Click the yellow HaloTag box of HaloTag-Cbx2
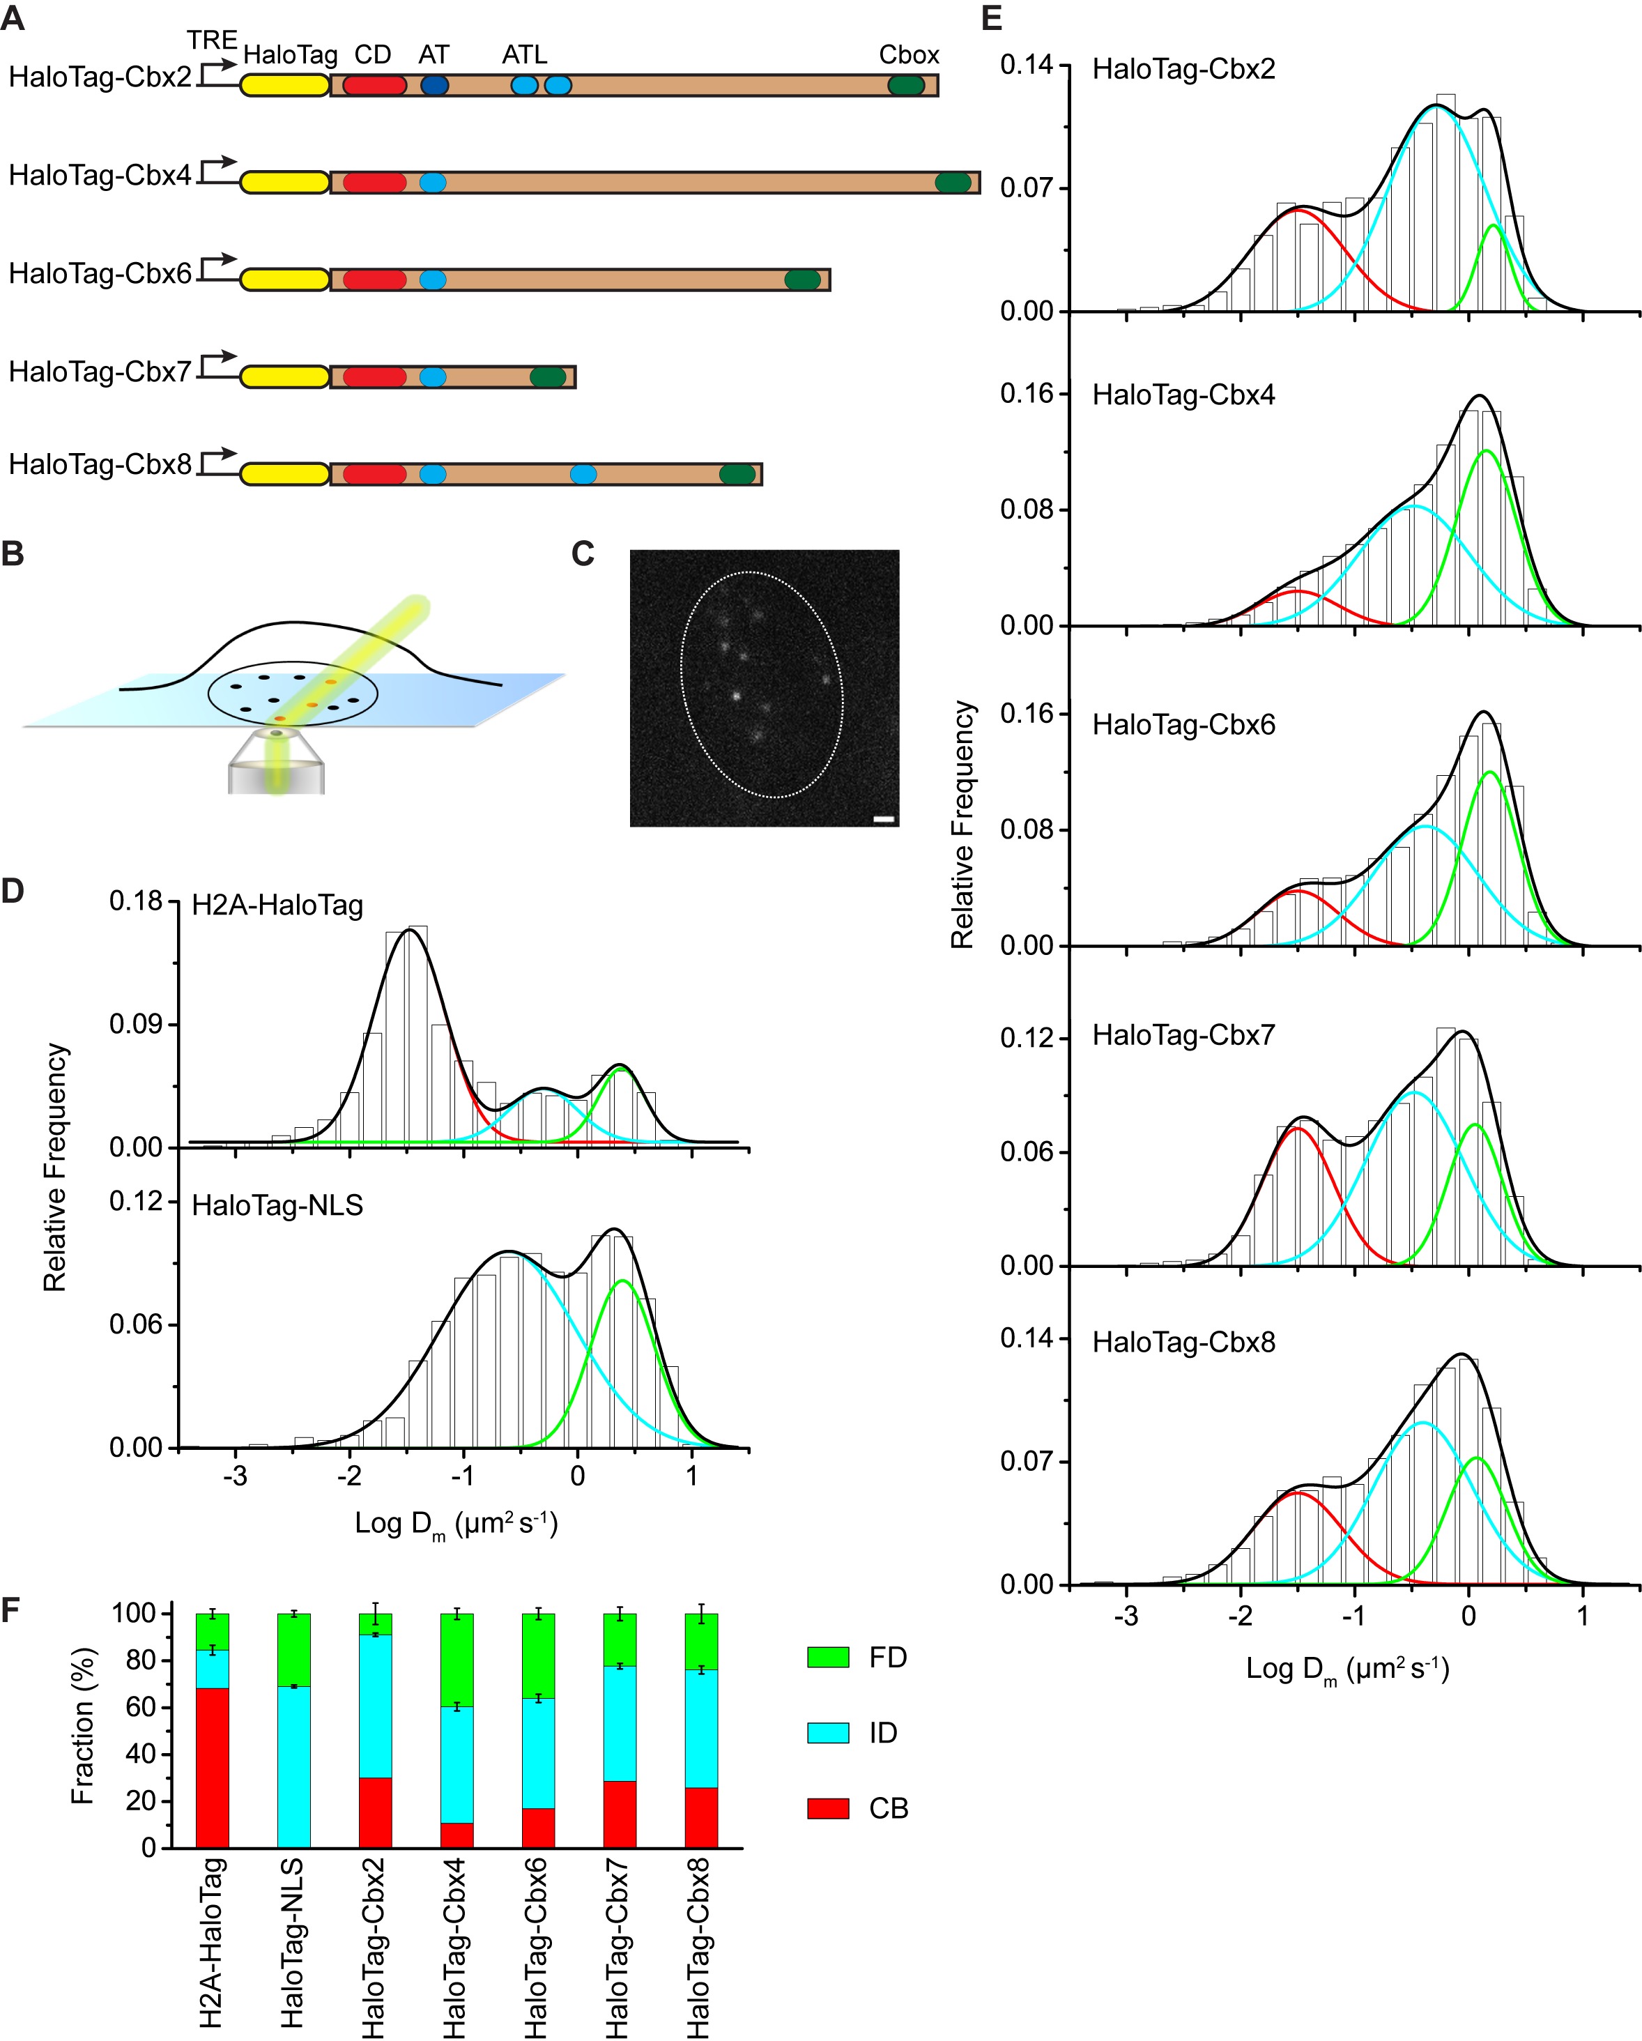coord(284,85)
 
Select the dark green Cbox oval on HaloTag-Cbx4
coord(952,183)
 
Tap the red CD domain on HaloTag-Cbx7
coord(374,377)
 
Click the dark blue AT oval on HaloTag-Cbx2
coord(433,85)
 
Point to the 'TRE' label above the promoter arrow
coord(211,40)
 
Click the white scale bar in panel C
coord(883,819)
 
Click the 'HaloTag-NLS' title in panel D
coord(277,1205)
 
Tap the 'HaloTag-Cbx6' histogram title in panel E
coord(1183,724)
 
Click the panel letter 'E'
coord(992,18)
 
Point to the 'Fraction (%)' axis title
coord(82,1726)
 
